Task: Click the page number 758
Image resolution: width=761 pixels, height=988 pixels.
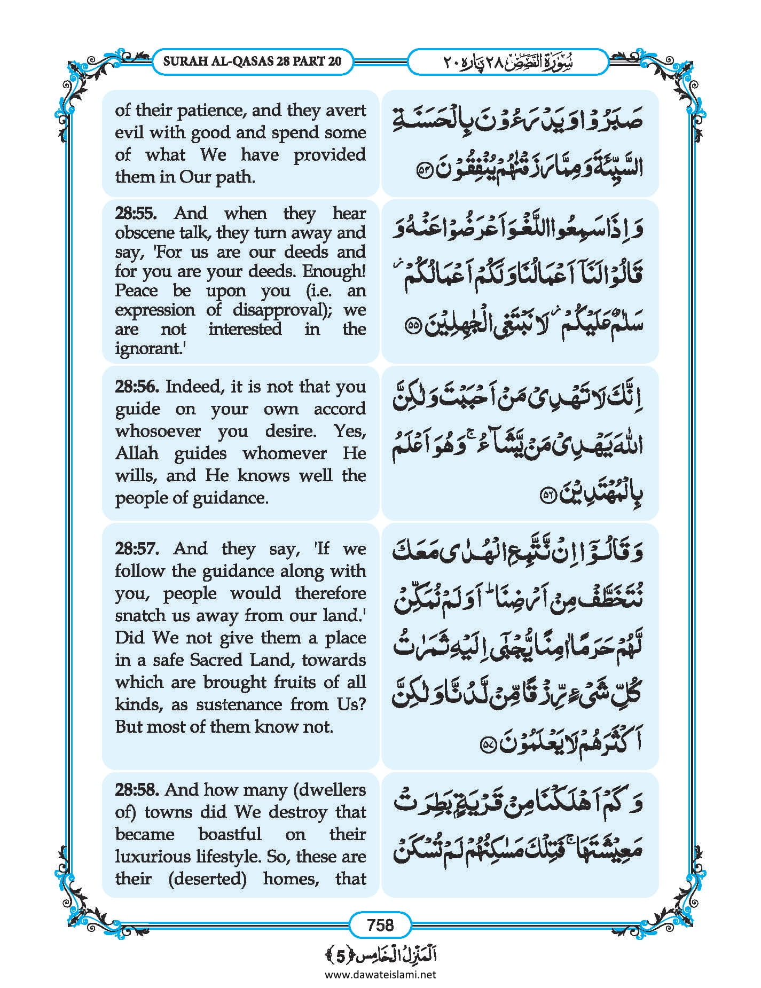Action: click(380, 924)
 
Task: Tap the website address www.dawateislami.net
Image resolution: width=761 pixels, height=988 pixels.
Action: click(380, 974)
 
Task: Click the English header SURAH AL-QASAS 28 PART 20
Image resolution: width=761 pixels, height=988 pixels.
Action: click(252, 61)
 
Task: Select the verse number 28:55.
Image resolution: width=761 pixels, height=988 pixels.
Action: click(136, 213)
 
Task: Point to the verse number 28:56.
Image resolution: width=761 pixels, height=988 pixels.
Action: click(137, 386)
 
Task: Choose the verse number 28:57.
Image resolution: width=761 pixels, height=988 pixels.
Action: click(137, 548)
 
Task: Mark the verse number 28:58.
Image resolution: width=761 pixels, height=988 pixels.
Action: click(137, 789)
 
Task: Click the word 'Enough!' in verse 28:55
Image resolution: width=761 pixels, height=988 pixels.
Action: click(334, 271)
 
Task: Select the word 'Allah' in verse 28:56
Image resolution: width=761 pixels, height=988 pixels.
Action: click(137, 453)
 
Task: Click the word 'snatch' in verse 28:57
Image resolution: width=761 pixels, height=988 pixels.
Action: click(139, 615)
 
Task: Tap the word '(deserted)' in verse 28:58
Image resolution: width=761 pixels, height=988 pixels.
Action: click(207, 879)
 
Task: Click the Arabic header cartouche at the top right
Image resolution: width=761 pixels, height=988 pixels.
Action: click(508, 61)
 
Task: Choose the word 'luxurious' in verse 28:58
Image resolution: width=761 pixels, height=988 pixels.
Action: click(150, 857)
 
